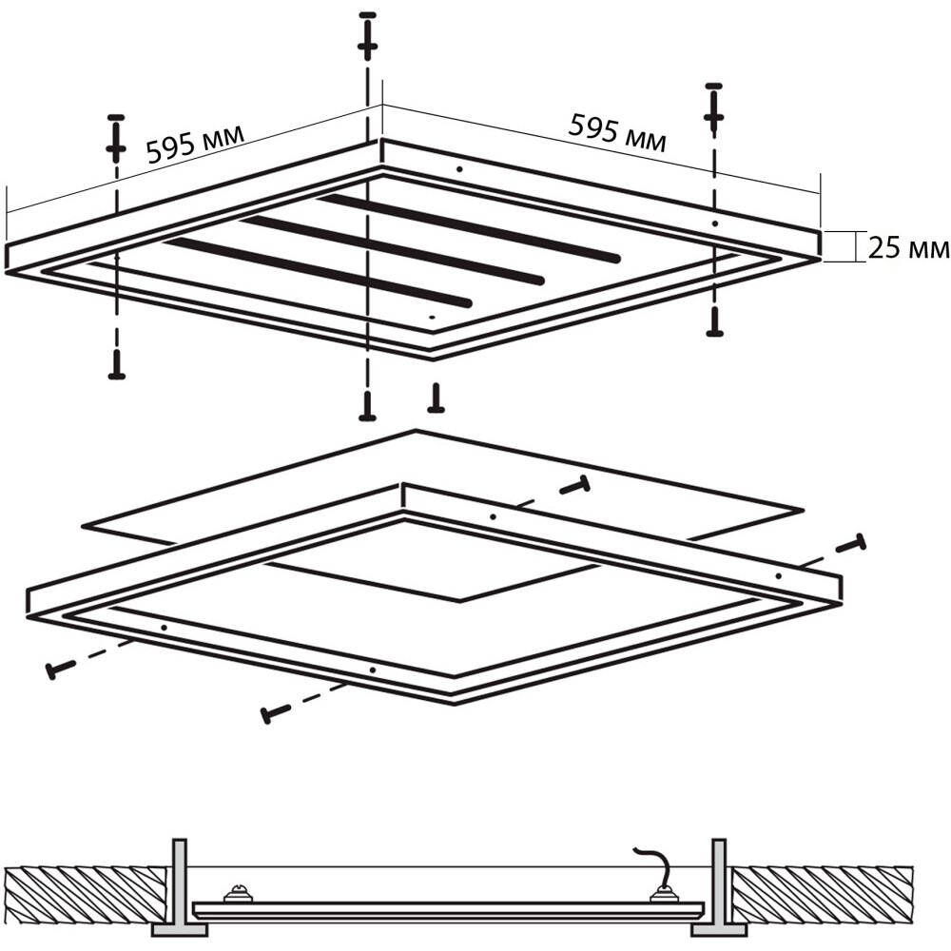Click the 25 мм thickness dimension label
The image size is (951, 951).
908,248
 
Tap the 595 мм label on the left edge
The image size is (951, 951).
195,145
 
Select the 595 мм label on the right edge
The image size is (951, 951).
617,132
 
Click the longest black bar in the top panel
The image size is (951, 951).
470,227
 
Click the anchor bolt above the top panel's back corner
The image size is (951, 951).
367,35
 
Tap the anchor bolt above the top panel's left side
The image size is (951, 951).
116,138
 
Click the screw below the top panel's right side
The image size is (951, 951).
715,321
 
